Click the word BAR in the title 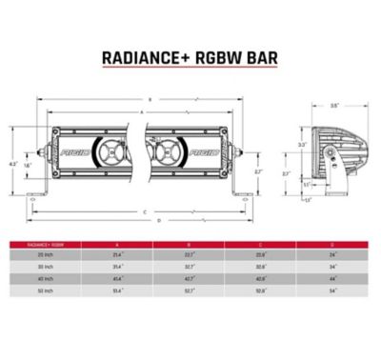pyautogui.click(x=258, y=57)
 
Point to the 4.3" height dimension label pyautogui.click(x=12, y=164)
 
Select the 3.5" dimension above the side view pyautogui.click(x=334, y=107)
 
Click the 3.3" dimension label pyautogui.click(x=302, y=145)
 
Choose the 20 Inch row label pyautogui.click(x=45, y=255)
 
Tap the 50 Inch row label pyautogui.click(x=45, y=290)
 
